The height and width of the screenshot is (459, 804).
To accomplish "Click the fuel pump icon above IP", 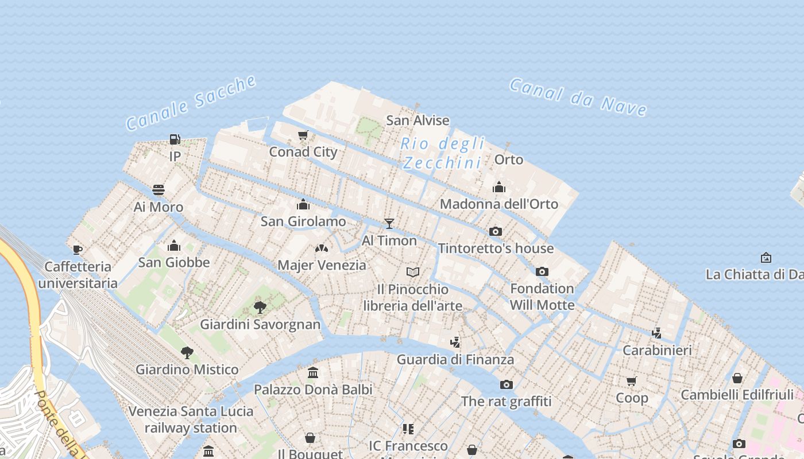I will (x=175, y=139).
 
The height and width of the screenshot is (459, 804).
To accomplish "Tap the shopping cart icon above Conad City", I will (x=303, y=135).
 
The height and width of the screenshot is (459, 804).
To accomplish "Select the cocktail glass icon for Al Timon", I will (x=389, y=223).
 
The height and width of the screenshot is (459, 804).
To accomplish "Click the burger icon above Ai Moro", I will (x=159, y=190).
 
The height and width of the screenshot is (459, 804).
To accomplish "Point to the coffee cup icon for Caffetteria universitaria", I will (x=78, y=250).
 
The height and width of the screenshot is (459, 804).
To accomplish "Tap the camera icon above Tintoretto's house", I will (x=495, y=232).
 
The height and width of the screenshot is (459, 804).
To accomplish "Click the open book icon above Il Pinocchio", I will (x=413, y=272).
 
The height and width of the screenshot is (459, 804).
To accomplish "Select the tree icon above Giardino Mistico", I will (x=187, y=352).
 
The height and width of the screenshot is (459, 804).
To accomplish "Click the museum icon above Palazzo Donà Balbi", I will (x=313, y=373).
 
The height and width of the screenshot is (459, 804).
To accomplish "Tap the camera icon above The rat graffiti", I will (x=506, y=384).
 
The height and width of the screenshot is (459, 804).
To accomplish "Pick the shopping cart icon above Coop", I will (x=632, y=381).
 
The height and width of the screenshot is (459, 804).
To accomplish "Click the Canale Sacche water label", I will (x=191, y=102).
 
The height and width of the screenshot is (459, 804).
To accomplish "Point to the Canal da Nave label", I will (x=578, y=97).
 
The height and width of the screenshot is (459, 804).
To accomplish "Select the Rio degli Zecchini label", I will (x=443, y=153).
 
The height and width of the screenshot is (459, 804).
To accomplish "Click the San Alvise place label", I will (x=418, y=120).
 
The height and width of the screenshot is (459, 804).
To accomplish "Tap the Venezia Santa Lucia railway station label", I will (x=191, y=419).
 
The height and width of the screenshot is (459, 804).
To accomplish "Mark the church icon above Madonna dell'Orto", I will (x=498, y=188).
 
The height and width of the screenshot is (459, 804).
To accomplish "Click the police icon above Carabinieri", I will (x=657, y=333).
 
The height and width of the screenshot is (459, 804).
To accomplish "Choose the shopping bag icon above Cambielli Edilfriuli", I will (x=737, y=378).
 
